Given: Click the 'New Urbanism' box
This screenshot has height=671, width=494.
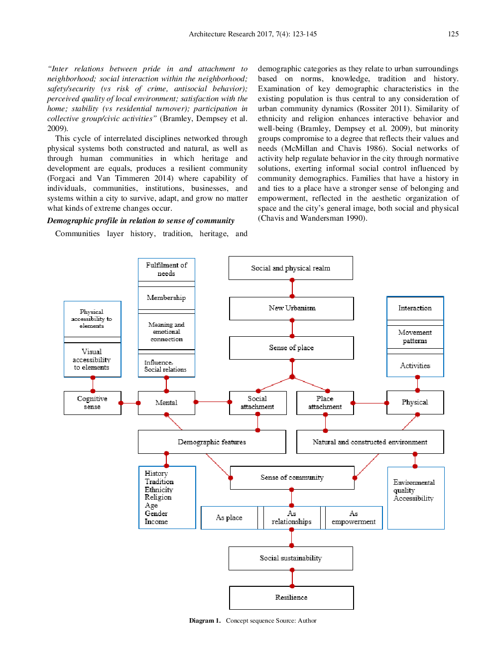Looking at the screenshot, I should click(291, 308).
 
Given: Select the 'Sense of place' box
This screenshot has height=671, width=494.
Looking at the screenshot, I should click(291, 348).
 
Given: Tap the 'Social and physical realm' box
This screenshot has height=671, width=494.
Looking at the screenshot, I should click(290, 268).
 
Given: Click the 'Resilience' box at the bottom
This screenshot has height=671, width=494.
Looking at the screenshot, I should click(291, 597).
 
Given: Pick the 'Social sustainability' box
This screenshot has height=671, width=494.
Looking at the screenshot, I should click(290, 558).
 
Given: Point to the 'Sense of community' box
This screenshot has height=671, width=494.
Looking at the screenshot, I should click(292, 477).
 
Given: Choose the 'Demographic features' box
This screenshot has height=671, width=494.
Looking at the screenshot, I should click(212, 442).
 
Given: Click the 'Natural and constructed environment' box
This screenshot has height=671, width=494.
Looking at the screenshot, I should click(370, 442).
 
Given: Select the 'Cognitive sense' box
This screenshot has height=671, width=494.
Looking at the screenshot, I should click(92, 403).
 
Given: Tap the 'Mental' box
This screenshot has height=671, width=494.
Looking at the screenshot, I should click(166, 403).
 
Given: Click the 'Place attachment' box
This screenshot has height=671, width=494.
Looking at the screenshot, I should click(325, 403).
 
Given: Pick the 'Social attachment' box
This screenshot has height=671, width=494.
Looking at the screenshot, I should click(257, 403).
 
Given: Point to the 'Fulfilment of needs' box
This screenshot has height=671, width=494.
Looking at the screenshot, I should click(166, 269).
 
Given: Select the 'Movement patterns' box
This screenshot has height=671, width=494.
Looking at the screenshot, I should click(415, 337).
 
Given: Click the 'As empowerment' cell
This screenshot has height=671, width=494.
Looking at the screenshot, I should click(354, 518).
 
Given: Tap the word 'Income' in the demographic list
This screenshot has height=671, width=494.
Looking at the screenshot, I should click(156, 522).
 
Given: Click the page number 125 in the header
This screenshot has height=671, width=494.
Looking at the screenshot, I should click(453, 34).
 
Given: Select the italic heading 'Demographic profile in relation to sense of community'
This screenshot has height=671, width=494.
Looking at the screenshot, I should click(140, 221).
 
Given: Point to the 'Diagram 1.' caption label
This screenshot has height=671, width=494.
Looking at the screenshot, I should click(204, 621).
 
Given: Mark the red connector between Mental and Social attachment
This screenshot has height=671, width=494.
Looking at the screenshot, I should click(213, 402).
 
